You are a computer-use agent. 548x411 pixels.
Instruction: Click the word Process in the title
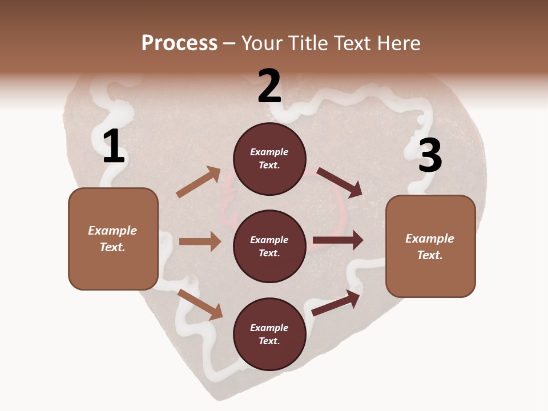tap(179, 43)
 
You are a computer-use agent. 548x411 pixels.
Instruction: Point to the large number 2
tap(269, 86)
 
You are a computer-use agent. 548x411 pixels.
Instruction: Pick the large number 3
tap(430, 155)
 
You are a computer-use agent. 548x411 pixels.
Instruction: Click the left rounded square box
tap(113, 239)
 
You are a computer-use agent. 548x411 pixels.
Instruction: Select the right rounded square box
tap(430, 246)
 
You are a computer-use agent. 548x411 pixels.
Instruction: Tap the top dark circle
tap(269, 159)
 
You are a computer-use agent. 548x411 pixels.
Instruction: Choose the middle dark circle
tap(269, 246)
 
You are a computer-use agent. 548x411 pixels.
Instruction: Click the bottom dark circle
tap(269, 334)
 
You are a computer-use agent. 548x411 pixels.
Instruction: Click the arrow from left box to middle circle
tap(200, 241)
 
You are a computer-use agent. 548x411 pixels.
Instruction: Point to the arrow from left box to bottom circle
tap(200, 304)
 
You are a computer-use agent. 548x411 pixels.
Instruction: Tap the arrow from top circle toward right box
tap(340, 183)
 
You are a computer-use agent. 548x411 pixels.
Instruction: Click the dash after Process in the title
tap(229, 44)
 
